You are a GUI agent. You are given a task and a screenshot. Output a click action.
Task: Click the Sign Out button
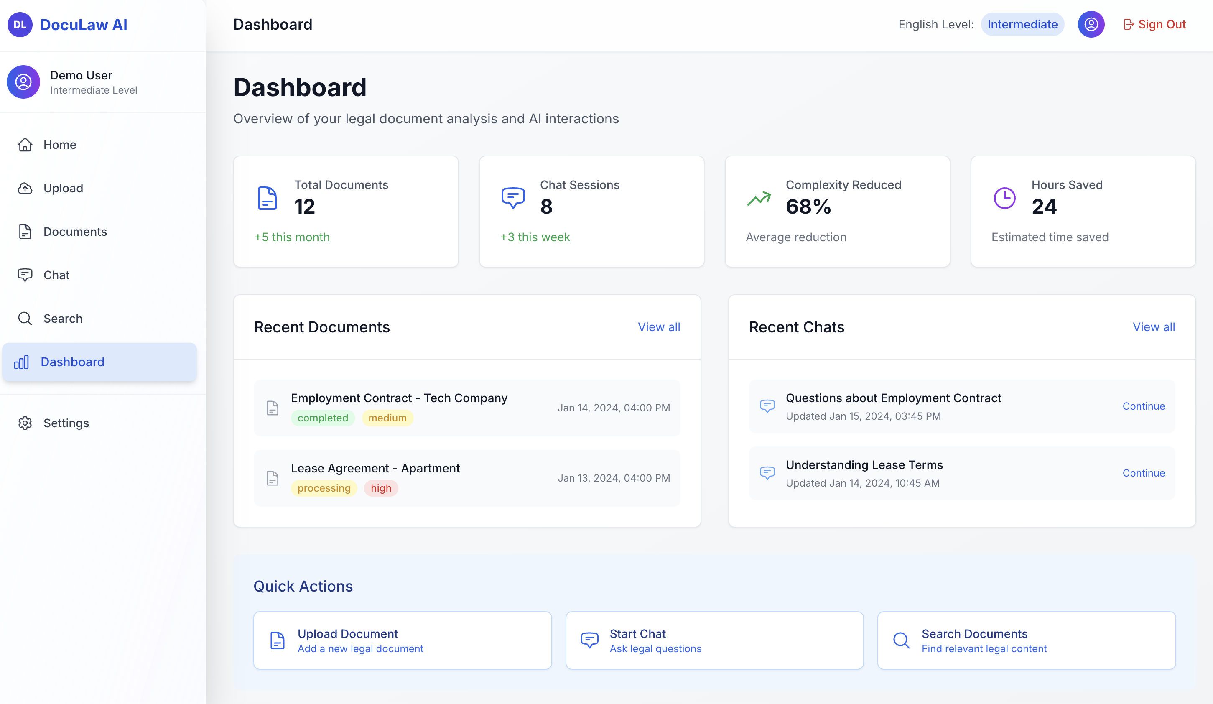1154,25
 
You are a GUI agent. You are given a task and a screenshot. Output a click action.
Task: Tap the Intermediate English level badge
1022,25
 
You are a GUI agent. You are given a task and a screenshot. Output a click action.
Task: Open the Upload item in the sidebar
63,188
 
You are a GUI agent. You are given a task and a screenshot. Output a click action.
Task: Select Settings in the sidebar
66,423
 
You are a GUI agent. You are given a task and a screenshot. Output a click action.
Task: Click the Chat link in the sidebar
56,275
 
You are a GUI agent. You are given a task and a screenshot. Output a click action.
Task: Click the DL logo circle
20,25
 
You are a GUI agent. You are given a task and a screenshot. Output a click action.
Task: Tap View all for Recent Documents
658,327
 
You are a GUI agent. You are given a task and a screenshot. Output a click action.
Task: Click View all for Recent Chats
1153,327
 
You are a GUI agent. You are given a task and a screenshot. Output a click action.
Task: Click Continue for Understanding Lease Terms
1143,473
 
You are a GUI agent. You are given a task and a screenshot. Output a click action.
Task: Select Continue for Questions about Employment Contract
1143,406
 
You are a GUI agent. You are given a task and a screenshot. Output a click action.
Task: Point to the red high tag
381,488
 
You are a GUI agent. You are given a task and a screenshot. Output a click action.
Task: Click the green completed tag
323,418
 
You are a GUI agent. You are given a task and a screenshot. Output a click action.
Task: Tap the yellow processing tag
324,488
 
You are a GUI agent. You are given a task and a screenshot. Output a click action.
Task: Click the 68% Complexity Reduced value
808,207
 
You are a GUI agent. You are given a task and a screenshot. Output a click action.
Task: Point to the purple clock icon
1004,198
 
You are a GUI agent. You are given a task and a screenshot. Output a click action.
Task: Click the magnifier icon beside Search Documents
901,640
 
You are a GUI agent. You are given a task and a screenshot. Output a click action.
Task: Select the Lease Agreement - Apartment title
375,468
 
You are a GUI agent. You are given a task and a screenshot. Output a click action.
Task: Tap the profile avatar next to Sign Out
1091,25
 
